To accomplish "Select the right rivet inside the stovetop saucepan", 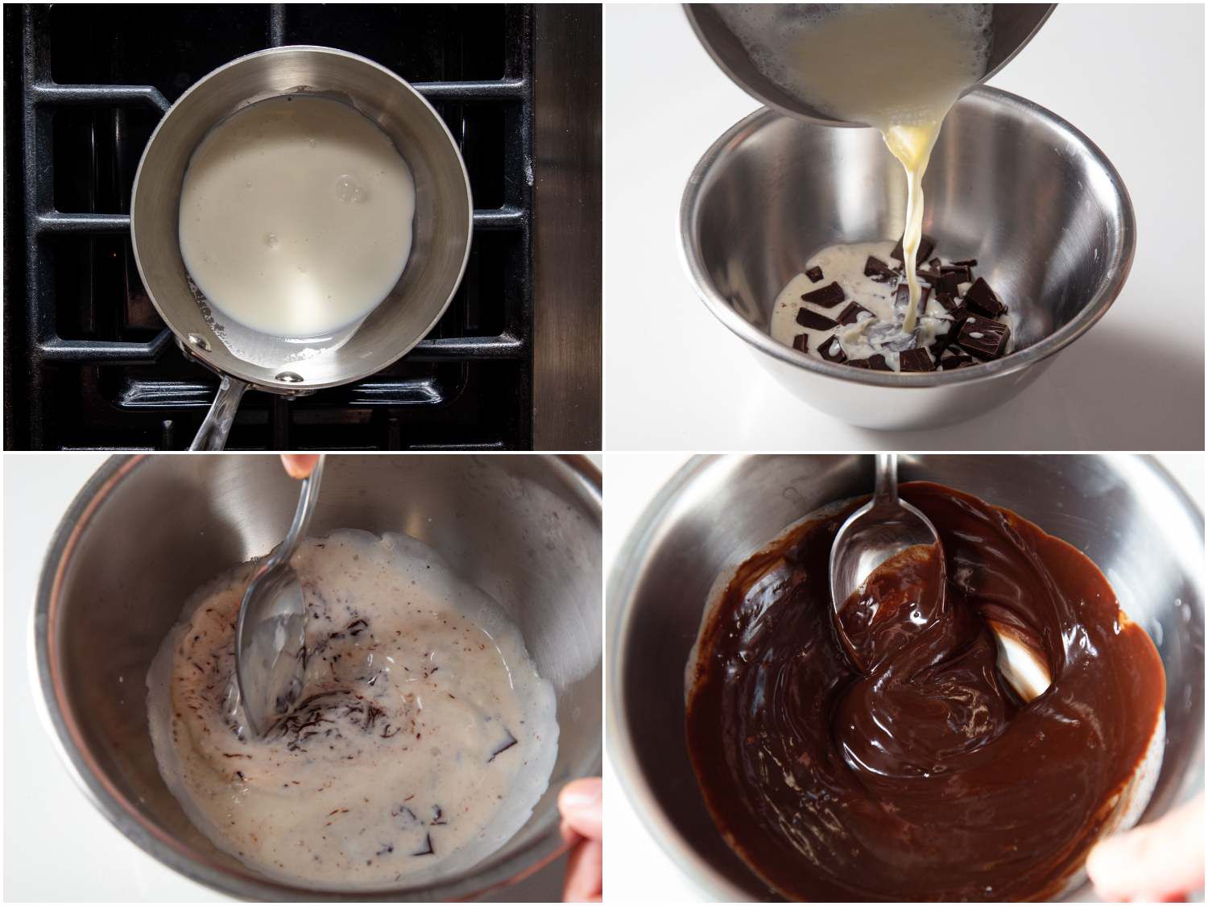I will (284, 377).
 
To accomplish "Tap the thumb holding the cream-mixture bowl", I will (581, 813).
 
